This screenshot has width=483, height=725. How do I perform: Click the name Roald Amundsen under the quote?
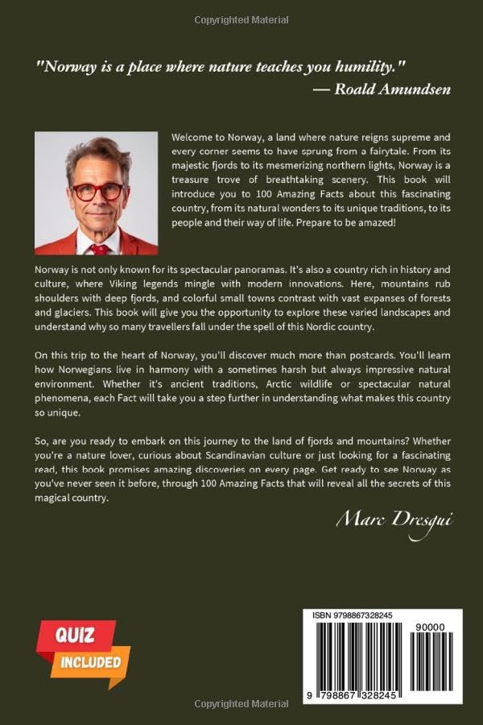(x=392, y=89)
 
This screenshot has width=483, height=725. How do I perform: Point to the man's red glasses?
(x=97, y=191)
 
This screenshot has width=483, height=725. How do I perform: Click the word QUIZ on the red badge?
(x=75, y=635)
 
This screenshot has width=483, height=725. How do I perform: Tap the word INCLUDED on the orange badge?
(x=89, y=663)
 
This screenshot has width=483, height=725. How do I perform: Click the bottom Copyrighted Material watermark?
(x=241, y=704)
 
